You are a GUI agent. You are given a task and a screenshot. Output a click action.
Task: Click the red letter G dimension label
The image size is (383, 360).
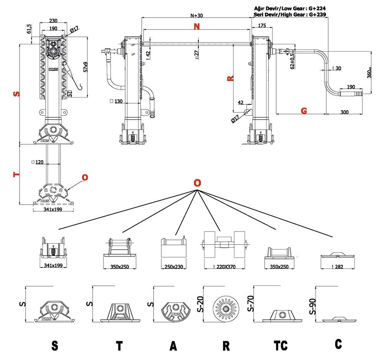pos(304,111)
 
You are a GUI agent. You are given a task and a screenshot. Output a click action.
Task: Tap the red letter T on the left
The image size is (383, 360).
pos(16,174)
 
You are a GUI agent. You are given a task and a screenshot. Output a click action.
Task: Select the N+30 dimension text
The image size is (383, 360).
pos(197,16)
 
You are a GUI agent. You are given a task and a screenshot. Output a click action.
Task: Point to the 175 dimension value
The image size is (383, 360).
pos(262,25)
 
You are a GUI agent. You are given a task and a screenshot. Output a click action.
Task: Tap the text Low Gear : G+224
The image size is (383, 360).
pos(290,8)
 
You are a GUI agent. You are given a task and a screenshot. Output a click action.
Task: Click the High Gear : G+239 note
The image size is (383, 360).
pos(290,15)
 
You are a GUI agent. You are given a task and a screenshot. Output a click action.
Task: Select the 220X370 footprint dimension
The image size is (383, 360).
pos(224,267)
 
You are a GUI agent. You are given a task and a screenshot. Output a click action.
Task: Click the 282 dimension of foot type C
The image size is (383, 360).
pos(337,266)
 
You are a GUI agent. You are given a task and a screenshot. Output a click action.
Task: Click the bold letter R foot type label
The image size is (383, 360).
pos(226,346)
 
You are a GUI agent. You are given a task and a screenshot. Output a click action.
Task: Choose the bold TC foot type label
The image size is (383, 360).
pos(281,346)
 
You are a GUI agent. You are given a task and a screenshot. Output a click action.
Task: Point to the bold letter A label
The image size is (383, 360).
pos(173,346)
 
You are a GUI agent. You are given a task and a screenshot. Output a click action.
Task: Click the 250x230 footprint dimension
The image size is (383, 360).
pos(173,267)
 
